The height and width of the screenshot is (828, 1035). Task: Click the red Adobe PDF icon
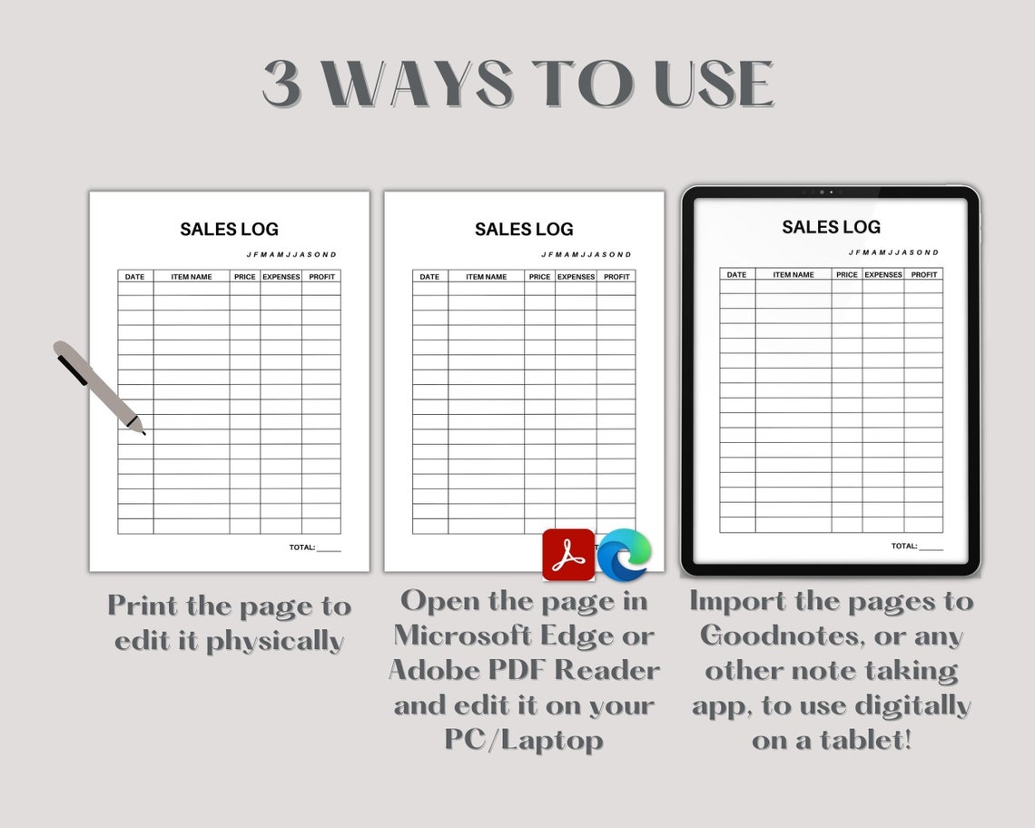(568, 555)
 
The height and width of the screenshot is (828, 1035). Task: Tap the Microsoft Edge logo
(624, 554)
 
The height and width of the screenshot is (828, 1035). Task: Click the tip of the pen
(143, 432)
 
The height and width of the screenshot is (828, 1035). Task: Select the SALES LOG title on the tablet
(831, 227)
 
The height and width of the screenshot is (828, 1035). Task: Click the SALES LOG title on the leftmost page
(229, 229)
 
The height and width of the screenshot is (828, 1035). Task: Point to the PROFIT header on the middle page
(616, 277)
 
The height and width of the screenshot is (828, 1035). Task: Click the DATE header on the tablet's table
(736, 274)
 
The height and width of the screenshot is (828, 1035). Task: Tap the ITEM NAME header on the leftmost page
(191, 277)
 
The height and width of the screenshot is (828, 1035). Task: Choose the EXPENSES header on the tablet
(882, 274)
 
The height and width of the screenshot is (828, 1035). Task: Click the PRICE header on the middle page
(539, 277)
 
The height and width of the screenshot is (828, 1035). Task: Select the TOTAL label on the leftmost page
(302, 547)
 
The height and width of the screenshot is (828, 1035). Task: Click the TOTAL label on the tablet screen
(903, 546)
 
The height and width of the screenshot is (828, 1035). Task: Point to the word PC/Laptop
(524, 739)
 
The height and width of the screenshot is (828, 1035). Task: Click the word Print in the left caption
(143, 606)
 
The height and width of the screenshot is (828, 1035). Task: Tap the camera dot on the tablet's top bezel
(822, 192)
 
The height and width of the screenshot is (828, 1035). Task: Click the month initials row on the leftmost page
(291, 254)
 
